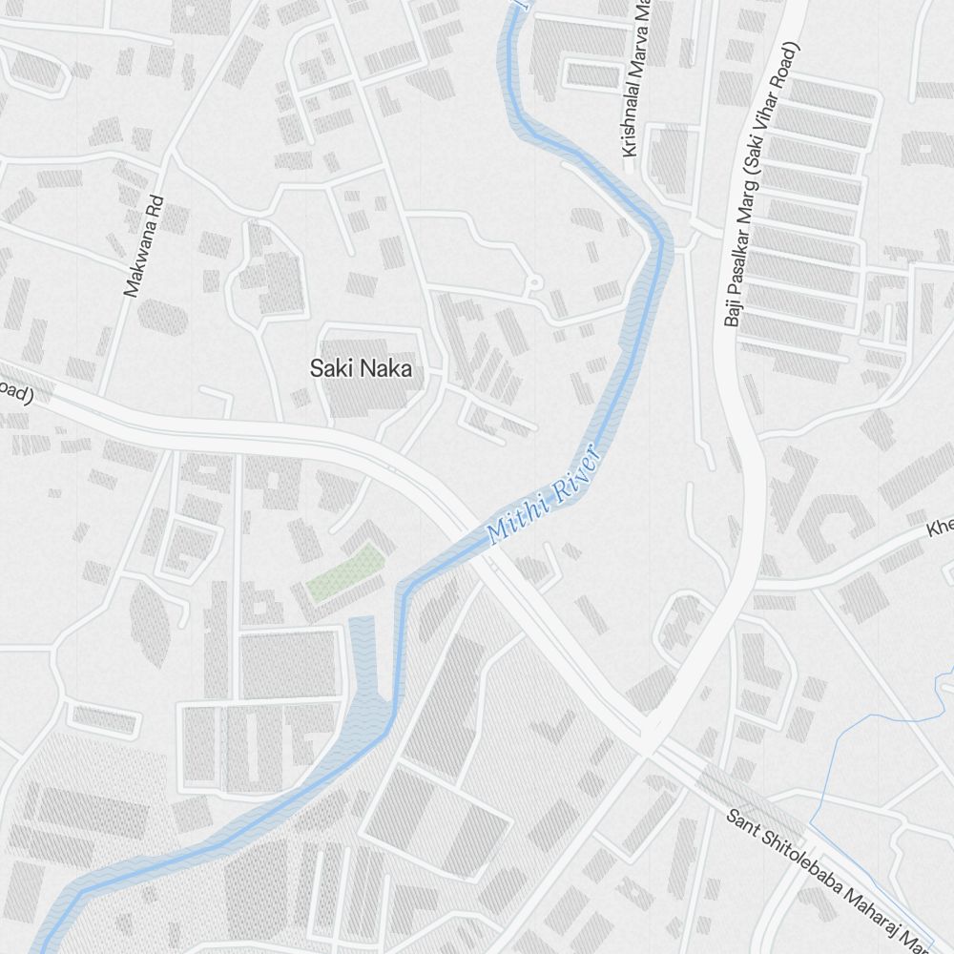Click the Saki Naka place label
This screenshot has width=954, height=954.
point(361,368)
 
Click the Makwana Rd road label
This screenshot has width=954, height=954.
point(145,246)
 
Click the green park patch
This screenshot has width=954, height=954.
point(344,571)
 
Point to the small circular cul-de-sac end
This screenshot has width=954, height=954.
point(534,282)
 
